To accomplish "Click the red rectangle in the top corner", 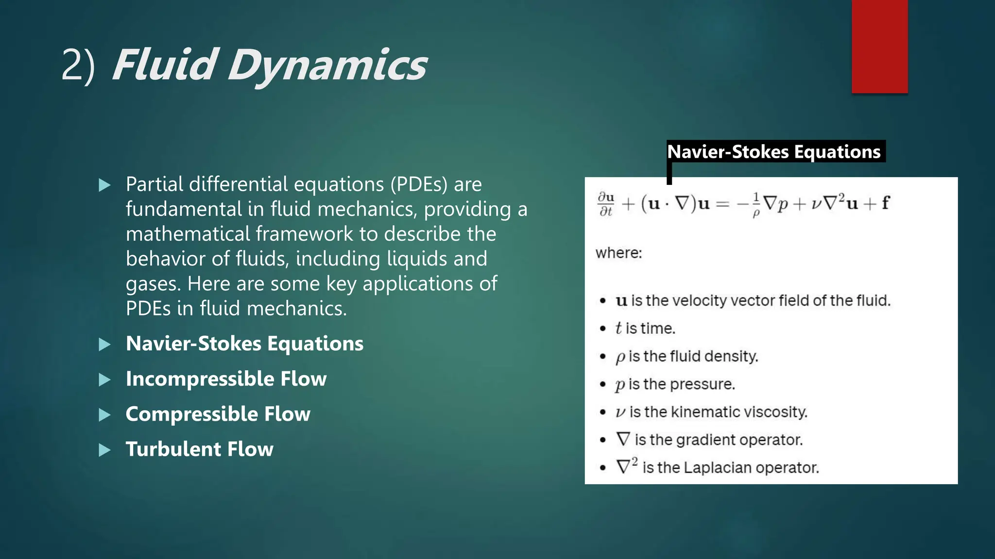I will point(879,46).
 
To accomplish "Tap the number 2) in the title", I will point(78,66).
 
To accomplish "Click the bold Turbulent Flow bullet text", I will point(199,449).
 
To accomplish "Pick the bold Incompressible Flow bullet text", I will point(226,379).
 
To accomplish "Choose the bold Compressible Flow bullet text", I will point(218,414).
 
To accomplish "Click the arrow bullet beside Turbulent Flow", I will point(104,450).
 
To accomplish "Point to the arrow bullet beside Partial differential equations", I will point(104,185).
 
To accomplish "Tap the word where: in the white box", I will point(618,253).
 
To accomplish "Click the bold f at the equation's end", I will point(885,203).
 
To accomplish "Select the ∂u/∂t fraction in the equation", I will point(606,204).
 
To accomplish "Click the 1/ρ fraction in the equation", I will point(756,204).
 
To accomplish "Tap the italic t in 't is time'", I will point(618,329).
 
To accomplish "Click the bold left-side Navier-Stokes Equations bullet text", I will point(244,344).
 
